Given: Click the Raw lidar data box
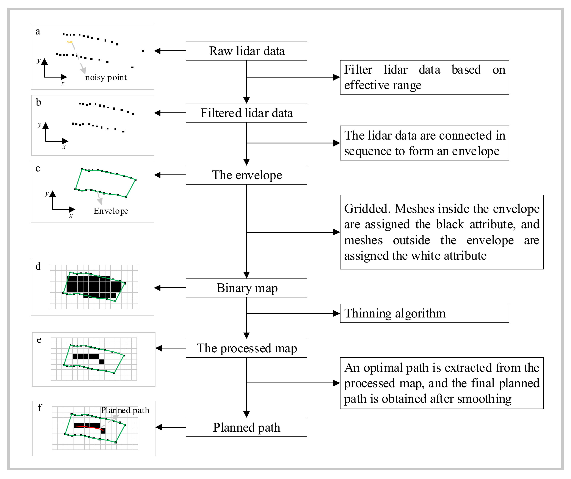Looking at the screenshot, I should (x=246, y=51).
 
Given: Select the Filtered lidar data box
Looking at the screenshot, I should (x=246, y=113).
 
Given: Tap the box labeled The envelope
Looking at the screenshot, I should (x=246, y=175).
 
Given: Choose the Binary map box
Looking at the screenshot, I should (x=246, y=288).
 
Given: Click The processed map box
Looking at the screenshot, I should (x=246, y=348).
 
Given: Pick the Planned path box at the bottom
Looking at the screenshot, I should (x=246, y=427).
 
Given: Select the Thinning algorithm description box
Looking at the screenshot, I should (x=424, y=313).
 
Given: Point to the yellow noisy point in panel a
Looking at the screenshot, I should (x=70, y=42).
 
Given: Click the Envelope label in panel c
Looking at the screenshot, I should (x=111, y=211).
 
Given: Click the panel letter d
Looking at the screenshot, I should (x=38, y=266).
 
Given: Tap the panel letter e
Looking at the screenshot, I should (x=39, y=340).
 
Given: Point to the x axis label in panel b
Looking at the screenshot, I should (x=64, y=147).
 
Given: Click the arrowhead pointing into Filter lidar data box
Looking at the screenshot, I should (x=337, y=77).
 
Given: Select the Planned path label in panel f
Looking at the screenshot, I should (x=125, y=410).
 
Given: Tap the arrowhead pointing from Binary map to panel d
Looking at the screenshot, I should (x=157, y=288).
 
